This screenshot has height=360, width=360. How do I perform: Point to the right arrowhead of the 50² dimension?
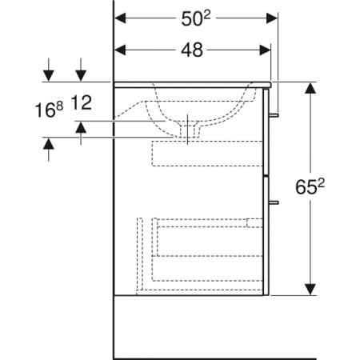click(272, 18)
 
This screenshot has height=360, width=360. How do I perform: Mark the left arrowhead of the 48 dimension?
click(121, 50)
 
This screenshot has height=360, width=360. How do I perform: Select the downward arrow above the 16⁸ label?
click(50, 74)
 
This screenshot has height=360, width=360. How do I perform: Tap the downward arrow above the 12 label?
click(82, 74)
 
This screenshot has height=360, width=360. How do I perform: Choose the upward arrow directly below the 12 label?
click(82, 126)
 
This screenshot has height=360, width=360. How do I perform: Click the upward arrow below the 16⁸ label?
click(50, 143)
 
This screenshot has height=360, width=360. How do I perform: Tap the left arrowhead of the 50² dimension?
click(121, 18)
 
